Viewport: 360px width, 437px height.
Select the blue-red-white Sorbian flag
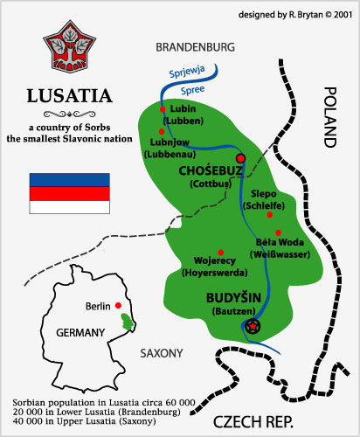click(x=69, y=193)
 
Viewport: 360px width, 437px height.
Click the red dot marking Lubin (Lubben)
click(x=163, y=109)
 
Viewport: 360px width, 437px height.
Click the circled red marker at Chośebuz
click(x=241, y=158)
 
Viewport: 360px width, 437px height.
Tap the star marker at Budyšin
click(x=253, y=326)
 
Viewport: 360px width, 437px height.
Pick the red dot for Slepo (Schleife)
click(x=269, y=214)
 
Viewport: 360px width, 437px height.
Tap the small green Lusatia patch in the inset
click(x=130, y=323)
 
